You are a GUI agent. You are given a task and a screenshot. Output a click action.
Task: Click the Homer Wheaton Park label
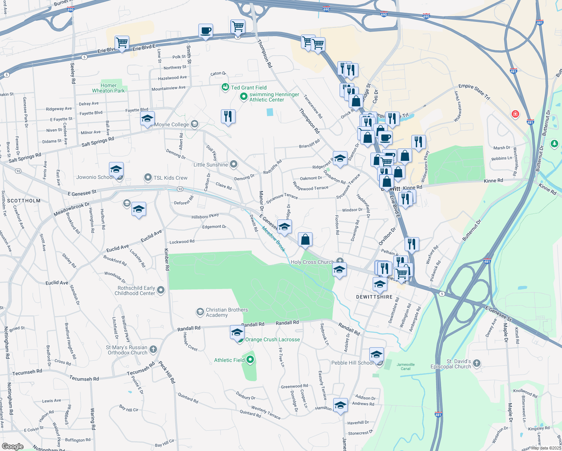(x=108, y=88)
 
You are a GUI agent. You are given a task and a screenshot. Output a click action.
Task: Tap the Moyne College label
(x=172, y=124)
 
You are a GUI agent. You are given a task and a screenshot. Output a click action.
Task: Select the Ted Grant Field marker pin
(x=225, y=87)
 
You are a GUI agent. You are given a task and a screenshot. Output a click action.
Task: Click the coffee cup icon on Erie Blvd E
(x=205, y=30)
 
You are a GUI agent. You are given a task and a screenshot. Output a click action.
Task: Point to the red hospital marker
(x=515, y=114)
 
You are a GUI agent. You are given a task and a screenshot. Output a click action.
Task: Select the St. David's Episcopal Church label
(x=451, y=364)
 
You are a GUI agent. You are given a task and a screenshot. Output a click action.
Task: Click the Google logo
(x=13, y=446)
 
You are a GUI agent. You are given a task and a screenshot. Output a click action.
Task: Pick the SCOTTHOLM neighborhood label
(x=24, y=201)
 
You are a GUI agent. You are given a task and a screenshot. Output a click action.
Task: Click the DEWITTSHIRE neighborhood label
(x=374, y=297)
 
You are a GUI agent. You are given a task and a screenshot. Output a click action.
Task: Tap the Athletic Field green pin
(x=250, y=360)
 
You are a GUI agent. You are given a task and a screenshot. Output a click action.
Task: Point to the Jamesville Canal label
(x=406, y=366)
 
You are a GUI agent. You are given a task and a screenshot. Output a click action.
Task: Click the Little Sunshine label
(x=210, y=165)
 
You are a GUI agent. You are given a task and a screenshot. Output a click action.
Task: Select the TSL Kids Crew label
(x=170, y=178)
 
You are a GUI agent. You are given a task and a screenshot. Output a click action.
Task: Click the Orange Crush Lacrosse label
(x=272, y=339)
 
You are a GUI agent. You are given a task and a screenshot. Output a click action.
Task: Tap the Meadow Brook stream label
(x=273, y=239)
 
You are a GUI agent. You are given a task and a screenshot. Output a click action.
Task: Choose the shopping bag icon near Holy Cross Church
(x=305, y=239)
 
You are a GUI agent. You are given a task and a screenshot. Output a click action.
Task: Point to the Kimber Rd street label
(x=167, y=259)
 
